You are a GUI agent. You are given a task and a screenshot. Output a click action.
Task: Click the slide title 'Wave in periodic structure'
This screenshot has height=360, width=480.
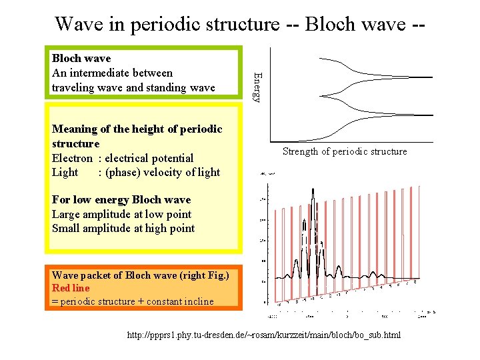pyautogui.click(x=167, y=24)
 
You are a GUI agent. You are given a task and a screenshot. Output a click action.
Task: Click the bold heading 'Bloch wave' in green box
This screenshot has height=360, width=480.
pyautogui.click(x=81, y=59)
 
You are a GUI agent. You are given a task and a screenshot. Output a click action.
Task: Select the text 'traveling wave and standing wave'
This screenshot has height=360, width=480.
pyautogui.click(x=133, y=87)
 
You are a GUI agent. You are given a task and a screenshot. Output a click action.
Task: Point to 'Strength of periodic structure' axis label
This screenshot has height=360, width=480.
pyautogui.click(x=344, y=151)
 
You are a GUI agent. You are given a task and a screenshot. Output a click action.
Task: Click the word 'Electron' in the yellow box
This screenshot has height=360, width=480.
pyautogui.click(x=72, y=158)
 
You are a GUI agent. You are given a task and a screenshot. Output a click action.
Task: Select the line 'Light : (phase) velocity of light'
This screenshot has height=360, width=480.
pyautogui.click(x=135, y=172)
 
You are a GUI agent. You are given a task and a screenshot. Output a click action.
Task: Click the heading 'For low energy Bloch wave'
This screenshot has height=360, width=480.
pyautogui.click(x=121, y=200)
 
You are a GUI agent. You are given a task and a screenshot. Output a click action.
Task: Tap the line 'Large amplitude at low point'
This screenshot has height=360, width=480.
pyautogui.click(x=121, y=214)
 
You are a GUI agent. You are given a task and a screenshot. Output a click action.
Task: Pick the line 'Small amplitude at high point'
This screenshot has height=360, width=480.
pyautogui.click(x=123, y=228)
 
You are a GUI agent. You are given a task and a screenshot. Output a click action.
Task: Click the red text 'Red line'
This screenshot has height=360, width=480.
pyautogui.click(x=70, y=288)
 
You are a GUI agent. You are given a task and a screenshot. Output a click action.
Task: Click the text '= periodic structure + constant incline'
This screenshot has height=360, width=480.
pyautogui.click(x=133, y=301)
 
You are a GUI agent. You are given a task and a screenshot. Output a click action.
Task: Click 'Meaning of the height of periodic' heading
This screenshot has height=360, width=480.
pyautogui.click(x=137, y=129)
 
